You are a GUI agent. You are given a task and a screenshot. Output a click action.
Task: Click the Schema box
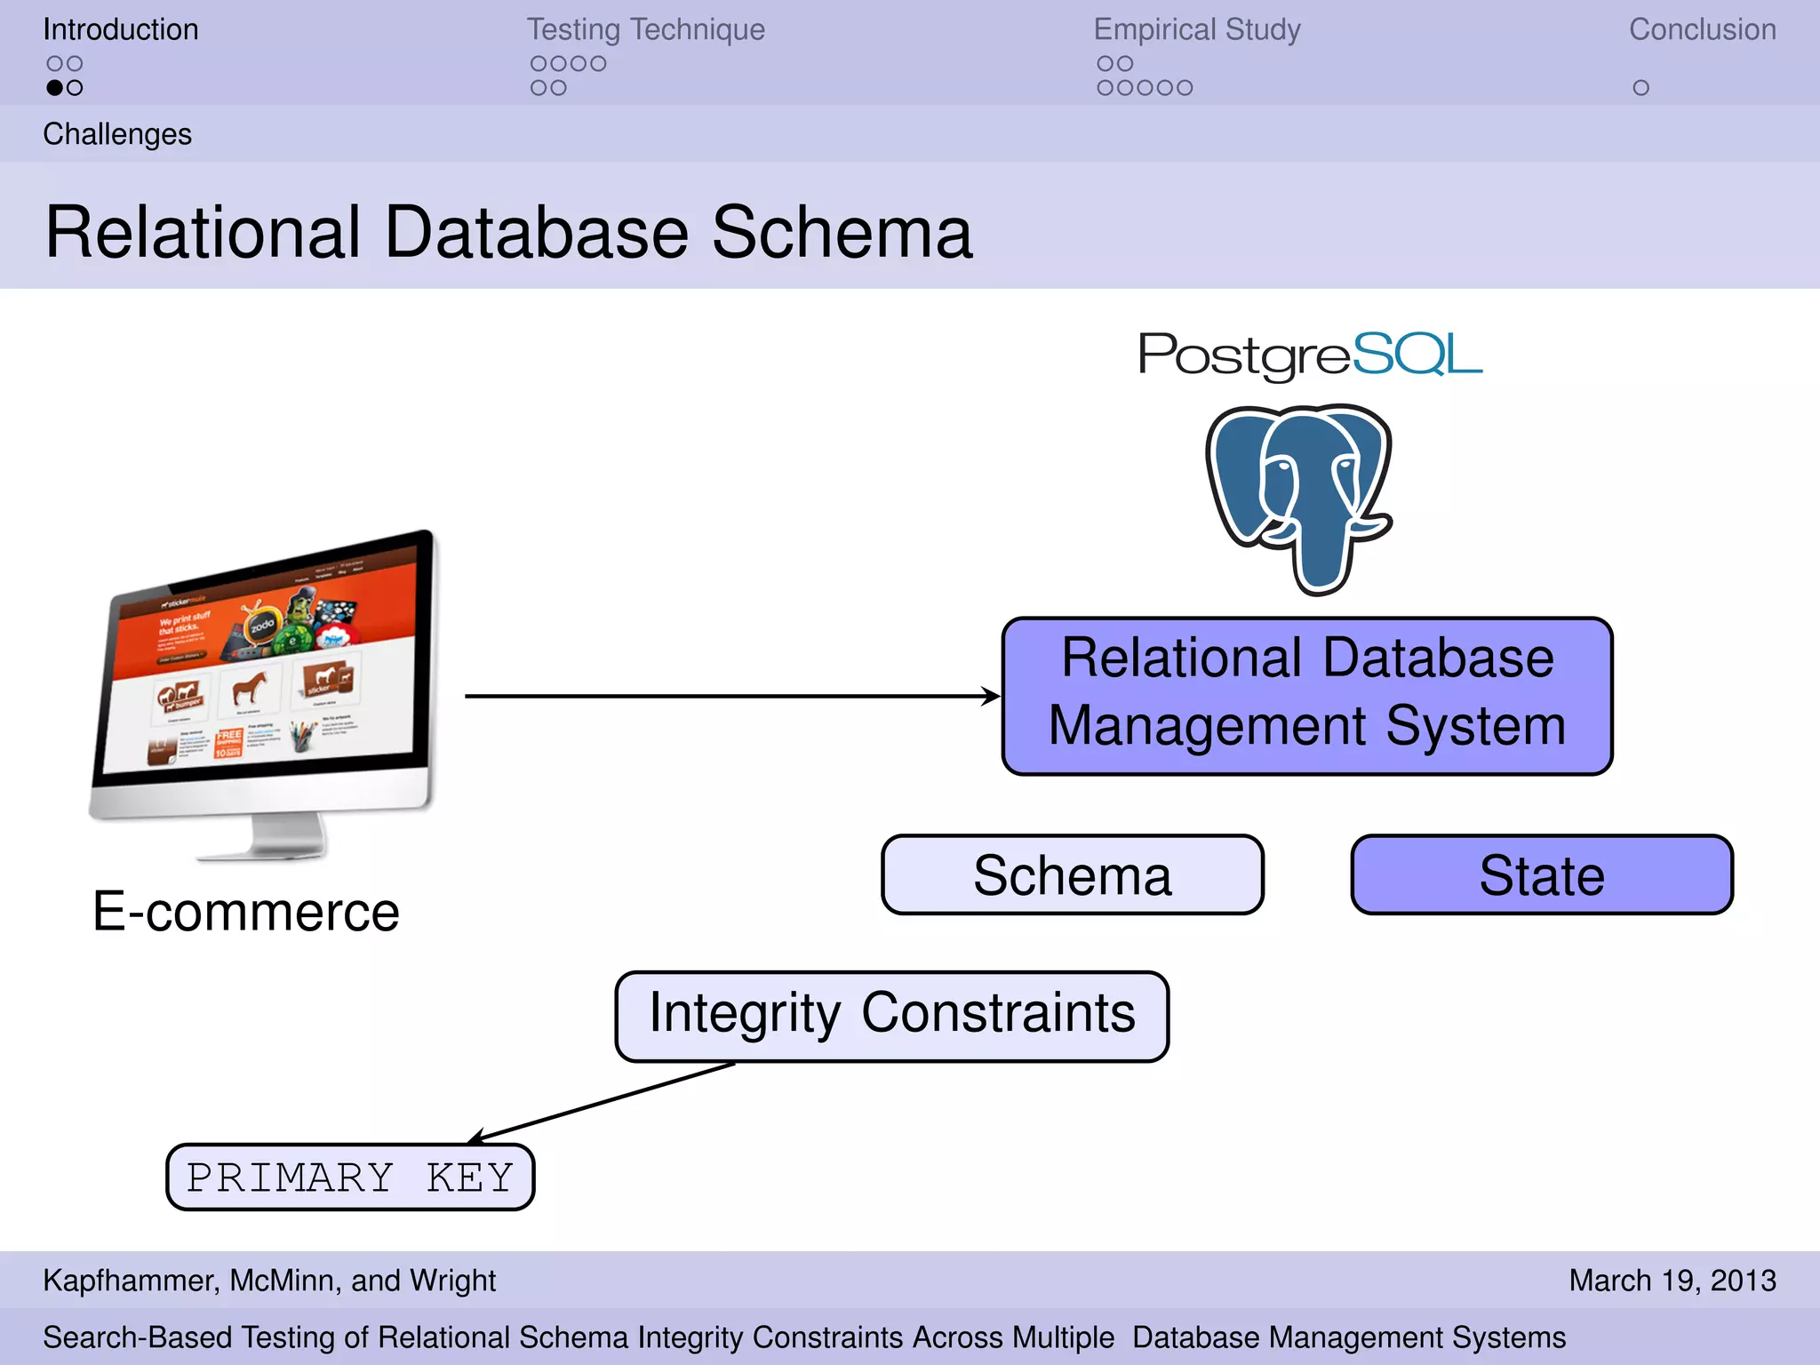pos(1072,875)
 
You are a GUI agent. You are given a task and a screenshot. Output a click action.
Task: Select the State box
pos(1542,875)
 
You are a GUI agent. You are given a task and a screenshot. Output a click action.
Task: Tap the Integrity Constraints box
pos(891,1016)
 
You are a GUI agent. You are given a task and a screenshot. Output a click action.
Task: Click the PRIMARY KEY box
pos(350,1177)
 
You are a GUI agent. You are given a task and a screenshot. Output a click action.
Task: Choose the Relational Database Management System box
pos(1307,696)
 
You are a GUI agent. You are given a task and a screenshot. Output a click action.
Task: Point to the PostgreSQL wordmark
pos(1310,355)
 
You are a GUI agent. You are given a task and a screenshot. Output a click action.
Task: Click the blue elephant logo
pos(1299,498)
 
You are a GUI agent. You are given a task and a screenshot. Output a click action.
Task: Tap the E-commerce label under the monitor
pos(246,913)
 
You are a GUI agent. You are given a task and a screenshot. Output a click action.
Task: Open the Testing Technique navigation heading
pos(645,29)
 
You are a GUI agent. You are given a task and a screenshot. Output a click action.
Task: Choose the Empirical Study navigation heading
pos(1196,29)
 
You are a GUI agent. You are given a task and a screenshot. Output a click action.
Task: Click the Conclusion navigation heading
pos(1702,29)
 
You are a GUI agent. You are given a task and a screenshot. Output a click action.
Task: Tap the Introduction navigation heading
pos(121,29)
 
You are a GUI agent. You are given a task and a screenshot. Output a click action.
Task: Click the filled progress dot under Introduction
pos(55,88)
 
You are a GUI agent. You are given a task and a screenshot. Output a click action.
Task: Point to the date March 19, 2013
pos(1672,1281)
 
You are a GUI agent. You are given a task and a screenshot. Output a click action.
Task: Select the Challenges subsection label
pos(117,134)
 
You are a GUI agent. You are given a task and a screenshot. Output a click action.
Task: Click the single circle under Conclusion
pos(1640,88)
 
